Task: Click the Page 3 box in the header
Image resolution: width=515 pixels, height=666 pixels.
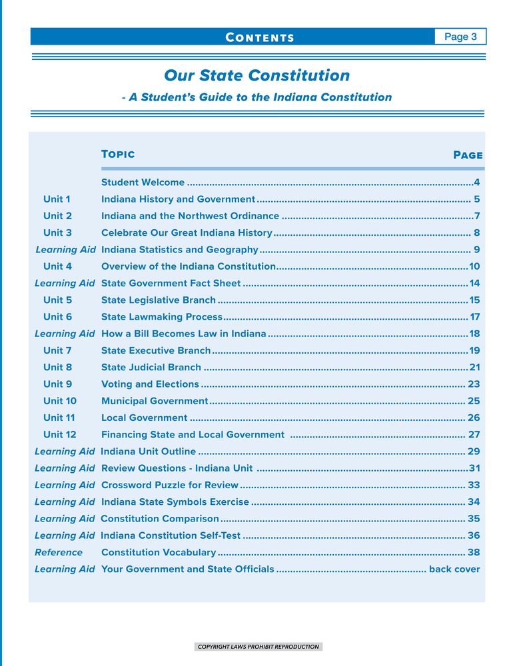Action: click(x=460, y=37)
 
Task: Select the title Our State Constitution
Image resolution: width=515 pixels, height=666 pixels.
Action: click(x=257, y=75)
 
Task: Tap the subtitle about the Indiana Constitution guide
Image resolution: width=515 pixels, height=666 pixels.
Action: click(x=257, y=97)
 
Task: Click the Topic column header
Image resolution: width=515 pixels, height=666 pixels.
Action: click(x=118, y=155)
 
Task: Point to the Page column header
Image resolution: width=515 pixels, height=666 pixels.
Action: click(x=468, y=155)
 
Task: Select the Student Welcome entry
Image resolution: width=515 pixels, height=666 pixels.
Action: click(x=143, y=182)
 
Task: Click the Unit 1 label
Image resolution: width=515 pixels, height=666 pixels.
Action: click(x=57, y=198)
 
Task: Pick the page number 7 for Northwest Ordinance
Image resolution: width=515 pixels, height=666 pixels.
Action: click(x=476, y=216)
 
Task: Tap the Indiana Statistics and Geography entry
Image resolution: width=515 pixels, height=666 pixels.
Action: click(x=179, y=250)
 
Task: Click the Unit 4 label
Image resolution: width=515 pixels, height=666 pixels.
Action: click(x=57, y=266)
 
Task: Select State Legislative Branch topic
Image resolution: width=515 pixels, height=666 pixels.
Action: click(x=159, y=300)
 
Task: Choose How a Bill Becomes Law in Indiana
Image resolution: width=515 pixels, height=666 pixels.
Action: click(x=183, y=334)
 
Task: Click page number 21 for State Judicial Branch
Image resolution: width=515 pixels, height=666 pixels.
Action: click(x=474, y=367)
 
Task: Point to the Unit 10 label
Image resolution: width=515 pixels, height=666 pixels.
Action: click(x=60, y=401)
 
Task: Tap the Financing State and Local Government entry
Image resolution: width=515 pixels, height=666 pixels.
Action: click(x=193, y=435)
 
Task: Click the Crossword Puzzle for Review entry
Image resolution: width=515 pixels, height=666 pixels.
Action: click(x=169, y=485)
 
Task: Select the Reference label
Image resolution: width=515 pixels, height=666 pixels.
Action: click(x=59, y=552)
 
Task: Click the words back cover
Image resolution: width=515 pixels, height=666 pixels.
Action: click(x=454, y=569)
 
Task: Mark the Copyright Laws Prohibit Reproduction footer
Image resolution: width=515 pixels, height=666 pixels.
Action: click(x=258, y=646)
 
